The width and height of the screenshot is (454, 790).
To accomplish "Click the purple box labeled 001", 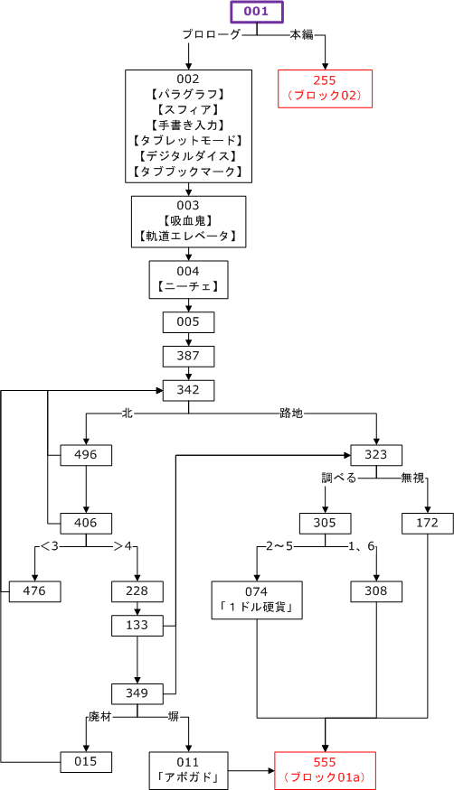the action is point(257,12).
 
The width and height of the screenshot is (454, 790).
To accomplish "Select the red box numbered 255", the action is point(326,88).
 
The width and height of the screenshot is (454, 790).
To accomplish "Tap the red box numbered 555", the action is point(326,770).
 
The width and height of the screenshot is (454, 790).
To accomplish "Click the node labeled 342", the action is point(188,390).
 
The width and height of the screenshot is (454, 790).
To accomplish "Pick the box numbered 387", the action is point(188,357).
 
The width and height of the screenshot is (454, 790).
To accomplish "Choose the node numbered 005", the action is point(188,322).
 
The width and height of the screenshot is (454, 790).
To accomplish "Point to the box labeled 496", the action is point(86,455).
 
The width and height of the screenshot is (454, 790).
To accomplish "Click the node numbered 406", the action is point(86,524).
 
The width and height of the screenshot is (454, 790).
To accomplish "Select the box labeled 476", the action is point(34,591).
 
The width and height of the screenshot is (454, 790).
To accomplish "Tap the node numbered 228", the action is point(137,591).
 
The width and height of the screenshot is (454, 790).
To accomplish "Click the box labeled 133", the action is point(137,626).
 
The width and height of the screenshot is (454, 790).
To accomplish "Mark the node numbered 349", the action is point(137,693).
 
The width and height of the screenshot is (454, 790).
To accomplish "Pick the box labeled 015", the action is point(86,762).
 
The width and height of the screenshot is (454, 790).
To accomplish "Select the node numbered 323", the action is point(376,455).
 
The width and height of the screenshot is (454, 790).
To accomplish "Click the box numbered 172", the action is point(428,524).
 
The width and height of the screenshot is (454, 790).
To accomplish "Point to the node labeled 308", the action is point(376,591).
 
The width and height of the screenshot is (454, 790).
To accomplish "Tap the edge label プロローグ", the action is point(212,34).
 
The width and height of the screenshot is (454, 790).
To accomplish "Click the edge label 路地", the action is point(291,414).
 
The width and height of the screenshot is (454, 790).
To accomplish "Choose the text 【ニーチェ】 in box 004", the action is point(188,287).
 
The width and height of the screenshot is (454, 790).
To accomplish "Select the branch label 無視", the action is point(412,477).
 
